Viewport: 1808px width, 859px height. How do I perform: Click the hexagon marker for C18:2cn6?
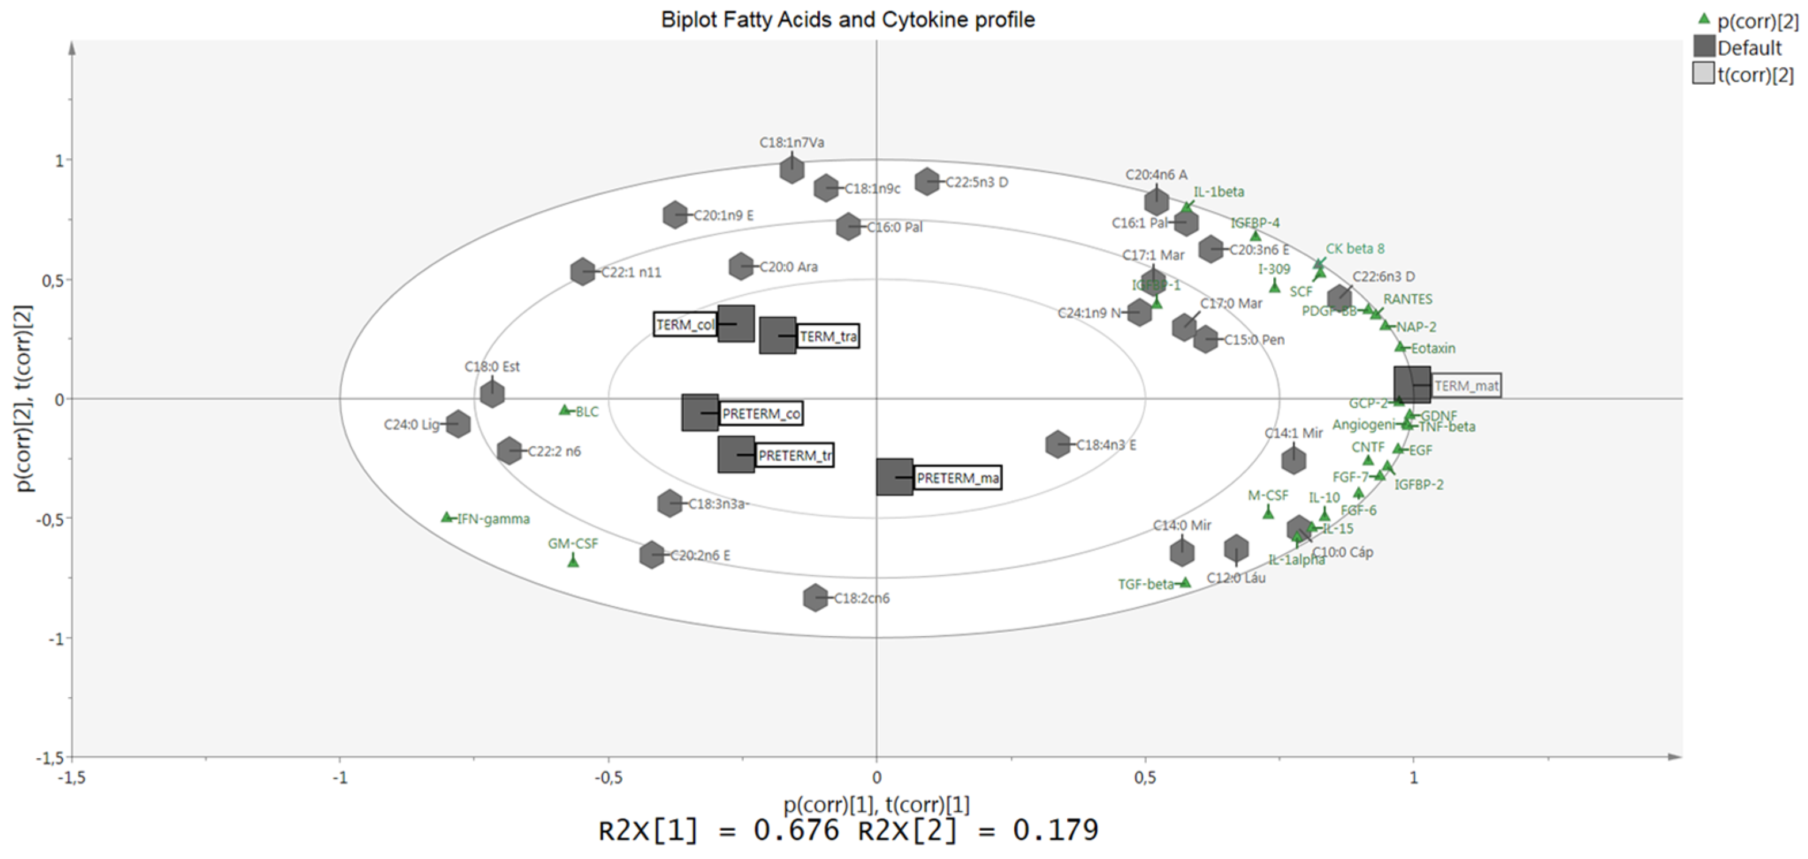[x=815, y=598]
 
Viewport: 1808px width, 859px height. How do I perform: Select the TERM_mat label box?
[x=1466, y=385]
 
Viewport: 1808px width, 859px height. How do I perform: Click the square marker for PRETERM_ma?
[x=895, y=477]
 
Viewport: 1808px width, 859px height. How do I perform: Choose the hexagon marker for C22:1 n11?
[x=583, y=272]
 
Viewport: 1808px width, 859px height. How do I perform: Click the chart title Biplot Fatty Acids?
[x=848, y=20]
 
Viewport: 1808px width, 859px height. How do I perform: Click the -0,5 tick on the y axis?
[x=51, y=519]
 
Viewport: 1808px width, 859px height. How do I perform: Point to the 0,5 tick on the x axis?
[x=1145, y=778]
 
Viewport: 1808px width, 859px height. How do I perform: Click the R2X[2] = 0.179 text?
[x=978, y=830]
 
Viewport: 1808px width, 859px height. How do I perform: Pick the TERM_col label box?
[x=685, y=324]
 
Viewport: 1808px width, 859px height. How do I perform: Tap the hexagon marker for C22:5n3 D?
[x=927, y=182]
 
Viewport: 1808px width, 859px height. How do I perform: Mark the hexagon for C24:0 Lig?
[x=458, y=424]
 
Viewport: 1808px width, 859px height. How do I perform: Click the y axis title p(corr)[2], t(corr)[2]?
[x=25, y=398]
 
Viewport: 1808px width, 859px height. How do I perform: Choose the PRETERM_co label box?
[x=762, y=413]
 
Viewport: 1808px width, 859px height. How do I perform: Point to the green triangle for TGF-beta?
[x=1185, y=583]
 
